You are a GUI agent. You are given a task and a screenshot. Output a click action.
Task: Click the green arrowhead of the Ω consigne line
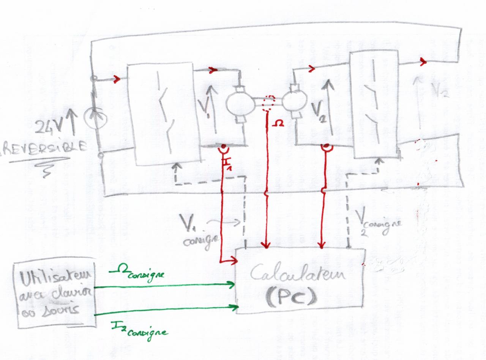click(231, 284)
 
